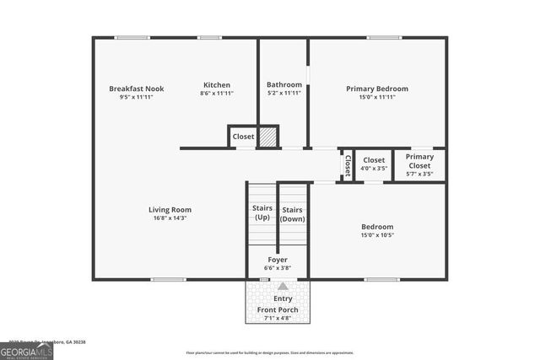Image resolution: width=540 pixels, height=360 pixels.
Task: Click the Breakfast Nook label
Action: click(x=136, y=89)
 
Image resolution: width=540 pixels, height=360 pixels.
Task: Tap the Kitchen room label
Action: click(x=217, y=85)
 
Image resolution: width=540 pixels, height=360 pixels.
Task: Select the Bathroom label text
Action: click(x=284, y=85)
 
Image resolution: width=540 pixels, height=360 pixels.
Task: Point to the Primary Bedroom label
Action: click(x=377, y=89)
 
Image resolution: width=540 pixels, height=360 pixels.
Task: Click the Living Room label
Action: click(x=170, y=210)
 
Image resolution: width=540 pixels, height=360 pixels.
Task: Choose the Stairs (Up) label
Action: click(x=262, y=213)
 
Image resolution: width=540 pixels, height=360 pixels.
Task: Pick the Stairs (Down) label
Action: click(x=293, y=214)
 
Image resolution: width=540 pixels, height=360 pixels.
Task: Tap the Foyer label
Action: click(x=278, y=260)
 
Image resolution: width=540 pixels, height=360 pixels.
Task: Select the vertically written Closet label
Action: click(x=347, y=165)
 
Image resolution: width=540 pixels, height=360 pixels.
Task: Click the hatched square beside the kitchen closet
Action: click(x=267, y=137)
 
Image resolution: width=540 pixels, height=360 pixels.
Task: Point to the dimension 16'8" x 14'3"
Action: click(x=170, y=218)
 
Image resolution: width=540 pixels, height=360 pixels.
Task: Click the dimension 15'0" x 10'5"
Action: click(x=377, y=235)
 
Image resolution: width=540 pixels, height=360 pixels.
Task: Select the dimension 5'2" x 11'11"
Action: click(x=284, y=94)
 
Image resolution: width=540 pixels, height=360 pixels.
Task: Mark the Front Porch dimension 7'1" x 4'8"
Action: click(x=278, y=319)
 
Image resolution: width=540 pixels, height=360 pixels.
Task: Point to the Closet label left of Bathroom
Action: click(x=243, y=136)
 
